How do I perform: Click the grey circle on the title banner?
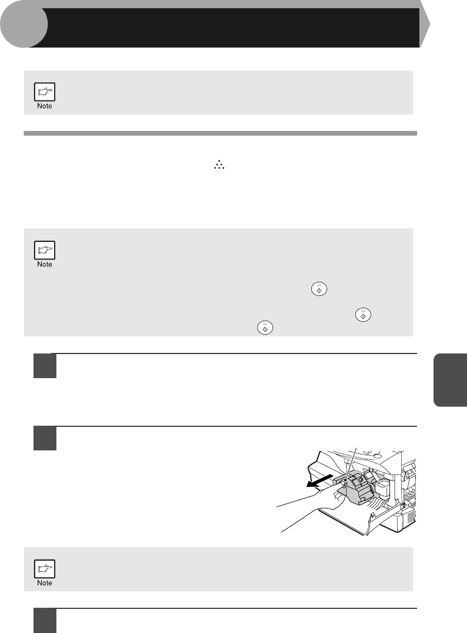(23, 24)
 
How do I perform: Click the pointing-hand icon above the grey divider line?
(45, 92)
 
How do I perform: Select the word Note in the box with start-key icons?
(45, 264)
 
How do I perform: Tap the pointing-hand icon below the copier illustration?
(45, 569)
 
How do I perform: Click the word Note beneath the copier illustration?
(45, 583)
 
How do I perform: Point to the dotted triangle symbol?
(219, 165)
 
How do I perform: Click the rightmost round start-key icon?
(363, 315)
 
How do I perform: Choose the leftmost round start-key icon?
(265, 328)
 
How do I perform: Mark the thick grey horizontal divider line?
(220, 133)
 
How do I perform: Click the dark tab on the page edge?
(450, 379)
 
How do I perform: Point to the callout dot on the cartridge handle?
(345, 480)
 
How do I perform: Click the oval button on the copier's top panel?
(377, 456)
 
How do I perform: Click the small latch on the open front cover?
(372, 516)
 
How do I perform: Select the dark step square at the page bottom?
(45, 621)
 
